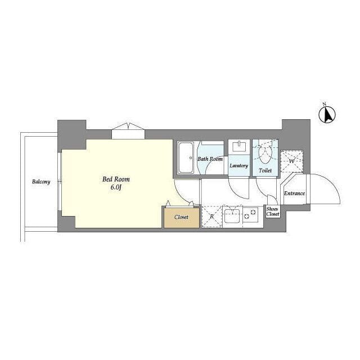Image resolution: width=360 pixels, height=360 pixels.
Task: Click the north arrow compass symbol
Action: (x=327, y=115)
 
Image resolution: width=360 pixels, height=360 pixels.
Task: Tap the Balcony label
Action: (x=41, y=182)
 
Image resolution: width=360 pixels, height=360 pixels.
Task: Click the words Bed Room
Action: (x=116, y=179)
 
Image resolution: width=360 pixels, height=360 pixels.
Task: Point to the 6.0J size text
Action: (x=116, y=187)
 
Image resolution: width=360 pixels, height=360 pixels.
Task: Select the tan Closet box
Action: (x=181, y=217)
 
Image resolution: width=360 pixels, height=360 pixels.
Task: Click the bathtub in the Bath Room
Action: (x=186, y=158)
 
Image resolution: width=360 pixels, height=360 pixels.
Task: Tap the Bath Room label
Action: (x=210, y=159)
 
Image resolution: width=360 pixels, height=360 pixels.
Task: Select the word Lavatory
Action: (x=239, y=166)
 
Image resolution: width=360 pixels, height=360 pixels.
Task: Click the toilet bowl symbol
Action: (x=264, y=154)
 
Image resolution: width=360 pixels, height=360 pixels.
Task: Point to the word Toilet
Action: (x=265, y=169)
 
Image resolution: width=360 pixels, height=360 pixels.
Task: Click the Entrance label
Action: (x=294, y=193)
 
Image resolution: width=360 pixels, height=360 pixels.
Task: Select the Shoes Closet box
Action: (x=273, y=211)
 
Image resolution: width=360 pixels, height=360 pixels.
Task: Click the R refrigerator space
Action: (x=211, y=217)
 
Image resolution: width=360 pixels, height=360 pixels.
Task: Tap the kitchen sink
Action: (x=232, y=216)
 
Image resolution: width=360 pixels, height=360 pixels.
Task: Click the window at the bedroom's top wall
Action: (x=128, y=132)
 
